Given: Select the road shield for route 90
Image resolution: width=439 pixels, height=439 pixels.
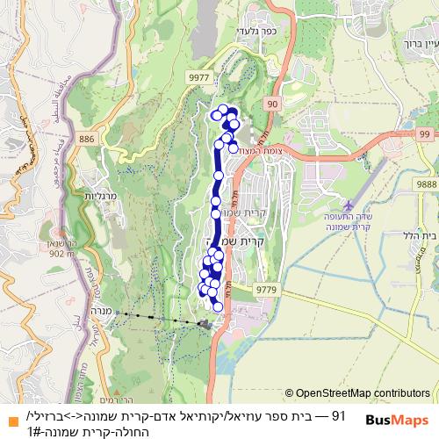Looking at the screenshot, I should pos(273,104).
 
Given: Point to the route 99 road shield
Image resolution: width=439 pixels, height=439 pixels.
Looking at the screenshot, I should pos(426,133).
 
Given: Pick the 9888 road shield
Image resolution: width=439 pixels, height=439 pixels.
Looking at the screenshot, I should pos(426,183).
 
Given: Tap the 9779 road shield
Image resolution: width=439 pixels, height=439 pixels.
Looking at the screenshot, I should pos(267,287).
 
